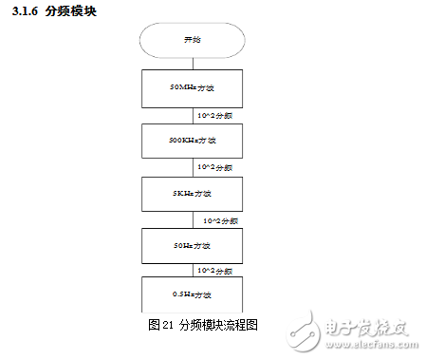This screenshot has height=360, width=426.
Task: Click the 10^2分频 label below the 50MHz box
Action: point(214,115)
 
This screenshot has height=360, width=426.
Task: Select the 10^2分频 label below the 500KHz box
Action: point(214,167)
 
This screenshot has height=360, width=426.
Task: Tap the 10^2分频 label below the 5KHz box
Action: point(220,219)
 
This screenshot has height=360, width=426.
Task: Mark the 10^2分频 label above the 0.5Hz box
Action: point(214,271)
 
